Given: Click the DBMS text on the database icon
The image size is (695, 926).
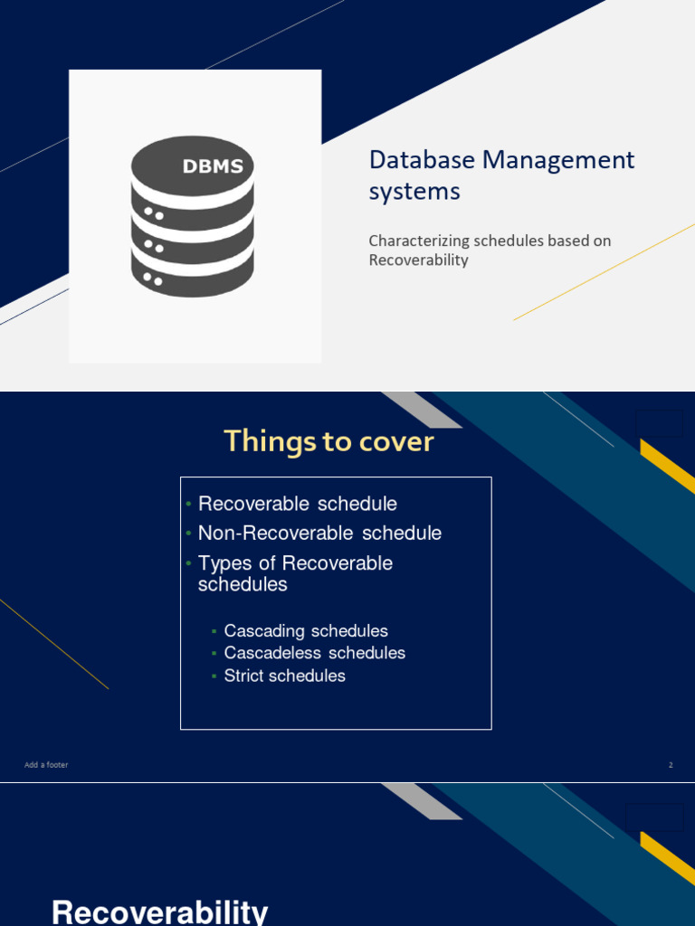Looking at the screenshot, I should click(x=213, y=166).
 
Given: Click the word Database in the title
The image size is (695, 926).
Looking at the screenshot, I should click(x=422, y=160).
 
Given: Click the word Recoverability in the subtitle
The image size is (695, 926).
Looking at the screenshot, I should click(x=418, y=260).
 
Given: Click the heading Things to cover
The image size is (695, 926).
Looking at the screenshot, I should click(x=329, y=441).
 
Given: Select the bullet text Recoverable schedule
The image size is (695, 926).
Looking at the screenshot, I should click(x=298, y=504).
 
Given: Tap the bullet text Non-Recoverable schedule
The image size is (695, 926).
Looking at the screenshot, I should click(x=319, y=533).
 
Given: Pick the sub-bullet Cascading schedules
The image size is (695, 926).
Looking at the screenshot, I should click(x=306, y=631).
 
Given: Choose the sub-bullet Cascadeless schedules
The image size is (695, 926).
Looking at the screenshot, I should click(x=315, y=653).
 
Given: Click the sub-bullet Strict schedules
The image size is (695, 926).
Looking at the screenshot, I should click(x=285, y=676).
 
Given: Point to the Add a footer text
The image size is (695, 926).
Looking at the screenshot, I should click(x=46, y=765).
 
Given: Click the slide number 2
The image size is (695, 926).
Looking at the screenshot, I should click(x=671, y=765).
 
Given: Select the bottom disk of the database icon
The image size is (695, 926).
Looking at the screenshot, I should click(x=192, y=276).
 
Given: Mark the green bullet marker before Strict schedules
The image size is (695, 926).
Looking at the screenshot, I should click(x=214, y=676).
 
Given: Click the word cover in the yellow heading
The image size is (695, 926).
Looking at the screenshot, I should click(x=395, y=441).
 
